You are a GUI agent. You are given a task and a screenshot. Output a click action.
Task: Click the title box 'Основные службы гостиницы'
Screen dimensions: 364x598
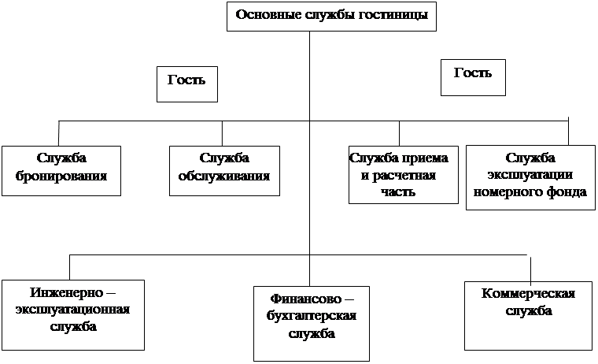coord(332,17)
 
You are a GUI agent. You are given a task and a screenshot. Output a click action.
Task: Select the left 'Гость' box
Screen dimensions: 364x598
coord(186,84)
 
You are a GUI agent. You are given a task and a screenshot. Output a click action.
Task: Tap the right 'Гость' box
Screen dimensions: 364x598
coord(473,77)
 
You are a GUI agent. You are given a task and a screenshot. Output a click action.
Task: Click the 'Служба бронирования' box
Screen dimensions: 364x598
coord(61,169)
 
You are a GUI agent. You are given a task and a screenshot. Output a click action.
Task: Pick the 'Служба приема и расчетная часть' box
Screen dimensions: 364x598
coord(403,173)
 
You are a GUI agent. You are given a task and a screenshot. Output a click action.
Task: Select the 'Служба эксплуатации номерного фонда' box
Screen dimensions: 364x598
coord(531,176)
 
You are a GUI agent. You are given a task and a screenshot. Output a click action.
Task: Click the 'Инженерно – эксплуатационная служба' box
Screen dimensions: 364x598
coord(72,314)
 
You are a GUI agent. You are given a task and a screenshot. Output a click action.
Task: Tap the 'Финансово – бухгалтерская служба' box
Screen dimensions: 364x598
coord(312,322)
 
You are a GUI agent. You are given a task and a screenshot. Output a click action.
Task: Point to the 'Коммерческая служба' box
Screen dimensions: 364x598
coord(527,314)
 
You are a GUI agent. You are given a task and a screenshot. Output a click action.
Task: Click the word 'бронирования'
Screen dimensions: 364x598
coord(61,176)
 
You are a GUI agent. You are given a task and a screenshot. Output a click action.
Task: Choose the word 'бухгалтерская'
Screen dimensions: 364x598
coord(312,317)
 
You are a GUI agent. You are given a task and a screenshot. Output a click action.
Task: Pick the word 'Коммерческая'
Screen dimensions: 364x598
coord(527,295)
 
